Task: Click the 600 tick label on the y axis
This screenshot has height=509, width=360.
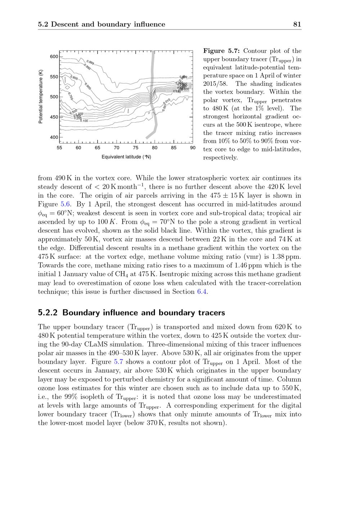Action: pyautogui.click(x=54, y=56)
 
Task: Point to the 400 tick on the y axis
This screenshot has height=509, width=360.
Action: pyautogui.click(x=54, y=137)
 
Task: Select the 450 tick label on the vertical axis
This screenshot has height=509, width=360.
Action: pyautogui.click(x=54, y=117)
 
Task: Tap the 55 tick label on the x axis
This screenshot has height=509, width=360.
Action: pyautogui.click(x=59, y=147)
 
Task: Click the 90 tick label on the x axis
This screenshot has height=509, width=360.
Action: pyautogui.click(x=193, y=147)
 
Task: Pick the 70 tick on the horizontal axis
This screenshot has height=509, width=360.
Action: pyautogui.click(x=117, y=147)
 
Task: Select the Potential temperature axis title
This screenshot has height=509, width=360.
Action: pyautogui.click(x=41, y=96)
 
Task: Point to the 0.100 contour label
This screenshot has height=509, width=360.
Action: pyautogui.click(x=84, y=121)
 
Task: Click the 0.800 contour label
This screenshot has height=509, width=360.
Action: pyautogui.click(x=74, y=78)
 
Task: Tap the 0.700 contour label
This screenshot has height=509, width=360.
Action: pyautogui.click(x=71, y=96)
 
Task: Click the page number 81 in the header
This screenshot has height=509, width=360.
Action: pyautogui.click(x=297, y=24)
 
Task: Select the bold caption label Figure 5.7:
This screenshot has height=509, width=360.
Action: pyautogui.click(x=222, y=51)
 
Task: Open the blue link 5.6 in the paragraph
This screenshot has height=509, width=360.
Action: pyautogui.click(x=65, y=204)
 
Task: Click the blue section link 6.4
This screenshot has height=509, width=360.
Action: pyautogui.click(x=202, y=292)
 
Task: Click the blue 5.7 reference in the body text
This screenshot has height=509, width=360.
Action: pyautogui.click(x=118, y=362)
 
